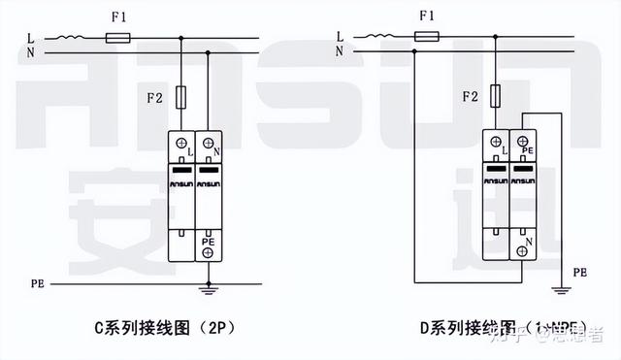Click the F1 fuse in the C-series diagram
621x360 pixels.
point(117,38)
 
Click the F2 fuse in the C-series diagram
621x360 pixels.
point(181,97)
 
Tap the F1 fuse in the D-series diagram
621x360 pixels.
point(427,38)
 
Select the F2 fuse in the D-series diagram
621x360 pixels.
point(496,95)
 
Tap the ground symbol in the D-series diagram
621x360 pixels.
point(556,288)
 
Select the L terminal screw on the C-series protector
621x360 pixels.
point(181,145)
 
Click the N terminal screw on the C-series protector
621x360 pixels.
point(209,145)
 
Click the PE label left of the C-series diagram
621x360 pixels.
point(36,283)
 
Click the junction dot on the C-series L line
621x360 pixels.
point(181,38)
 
